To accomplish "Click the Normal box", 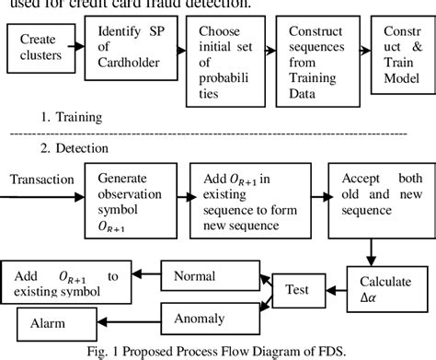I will [195, 275].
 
